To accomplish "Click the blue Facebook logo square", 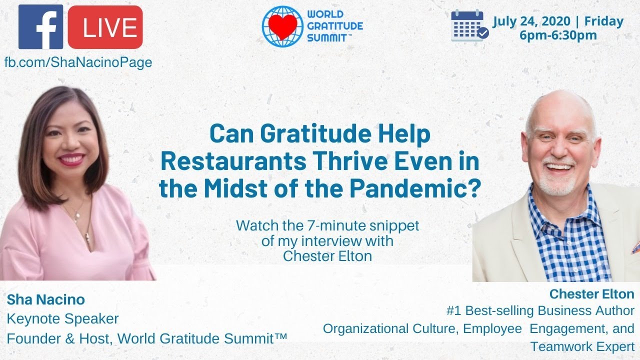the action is (x=40, y=27).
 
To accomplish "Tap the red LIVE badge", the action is (x=105, y=27).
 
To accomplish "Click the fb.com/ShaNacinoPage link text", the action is (x=78, y=62).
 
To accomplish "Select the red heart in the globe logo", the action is (x=282, y=27).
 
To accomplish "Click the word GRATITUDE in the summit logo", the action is (x=335, y=26).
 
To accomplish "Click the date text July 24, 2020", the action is (x=531, y=21).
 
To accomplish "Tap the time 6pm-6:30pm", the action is (x=558, y=35).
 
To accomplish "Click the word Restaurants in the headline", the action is (x=233, y=161).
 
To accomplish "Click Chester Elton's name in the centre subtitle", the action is (x=327, y=256).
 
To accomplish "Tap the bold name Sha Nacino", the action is (x=45, y=299).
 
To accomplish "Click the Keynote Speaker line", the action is (x=62, y=319).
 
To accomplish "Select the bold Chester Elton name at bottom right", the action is (x=591, y=294).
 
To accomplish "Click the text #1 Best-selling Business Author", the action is (x=540, y=311).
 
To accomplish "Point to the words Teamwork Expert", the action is (x=582, y=346).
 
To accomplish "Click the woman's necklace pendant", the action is (x=76, y=219).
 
